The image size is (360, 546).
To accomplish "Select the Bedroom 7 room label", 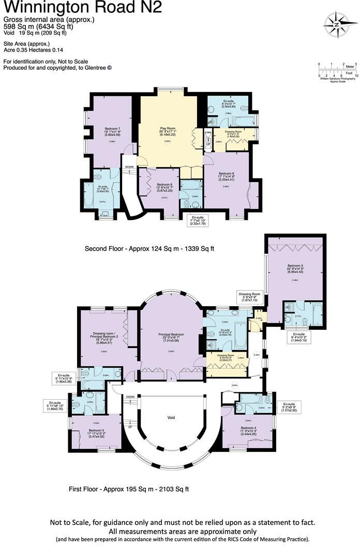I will coord(112,130).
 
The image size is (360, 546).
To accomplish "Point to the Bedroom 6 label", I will coord(227,175).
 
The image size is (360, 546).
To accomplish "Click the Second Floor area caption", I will coord(149,249).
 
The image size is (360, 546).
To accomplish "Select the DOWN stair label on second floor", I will coord(130,167).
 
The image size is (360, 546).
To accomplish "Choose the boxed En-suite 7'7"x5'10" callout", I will coord(197,220).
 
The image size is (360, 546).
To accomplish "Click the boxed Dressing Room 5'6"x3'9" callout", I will coord(250,296).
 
